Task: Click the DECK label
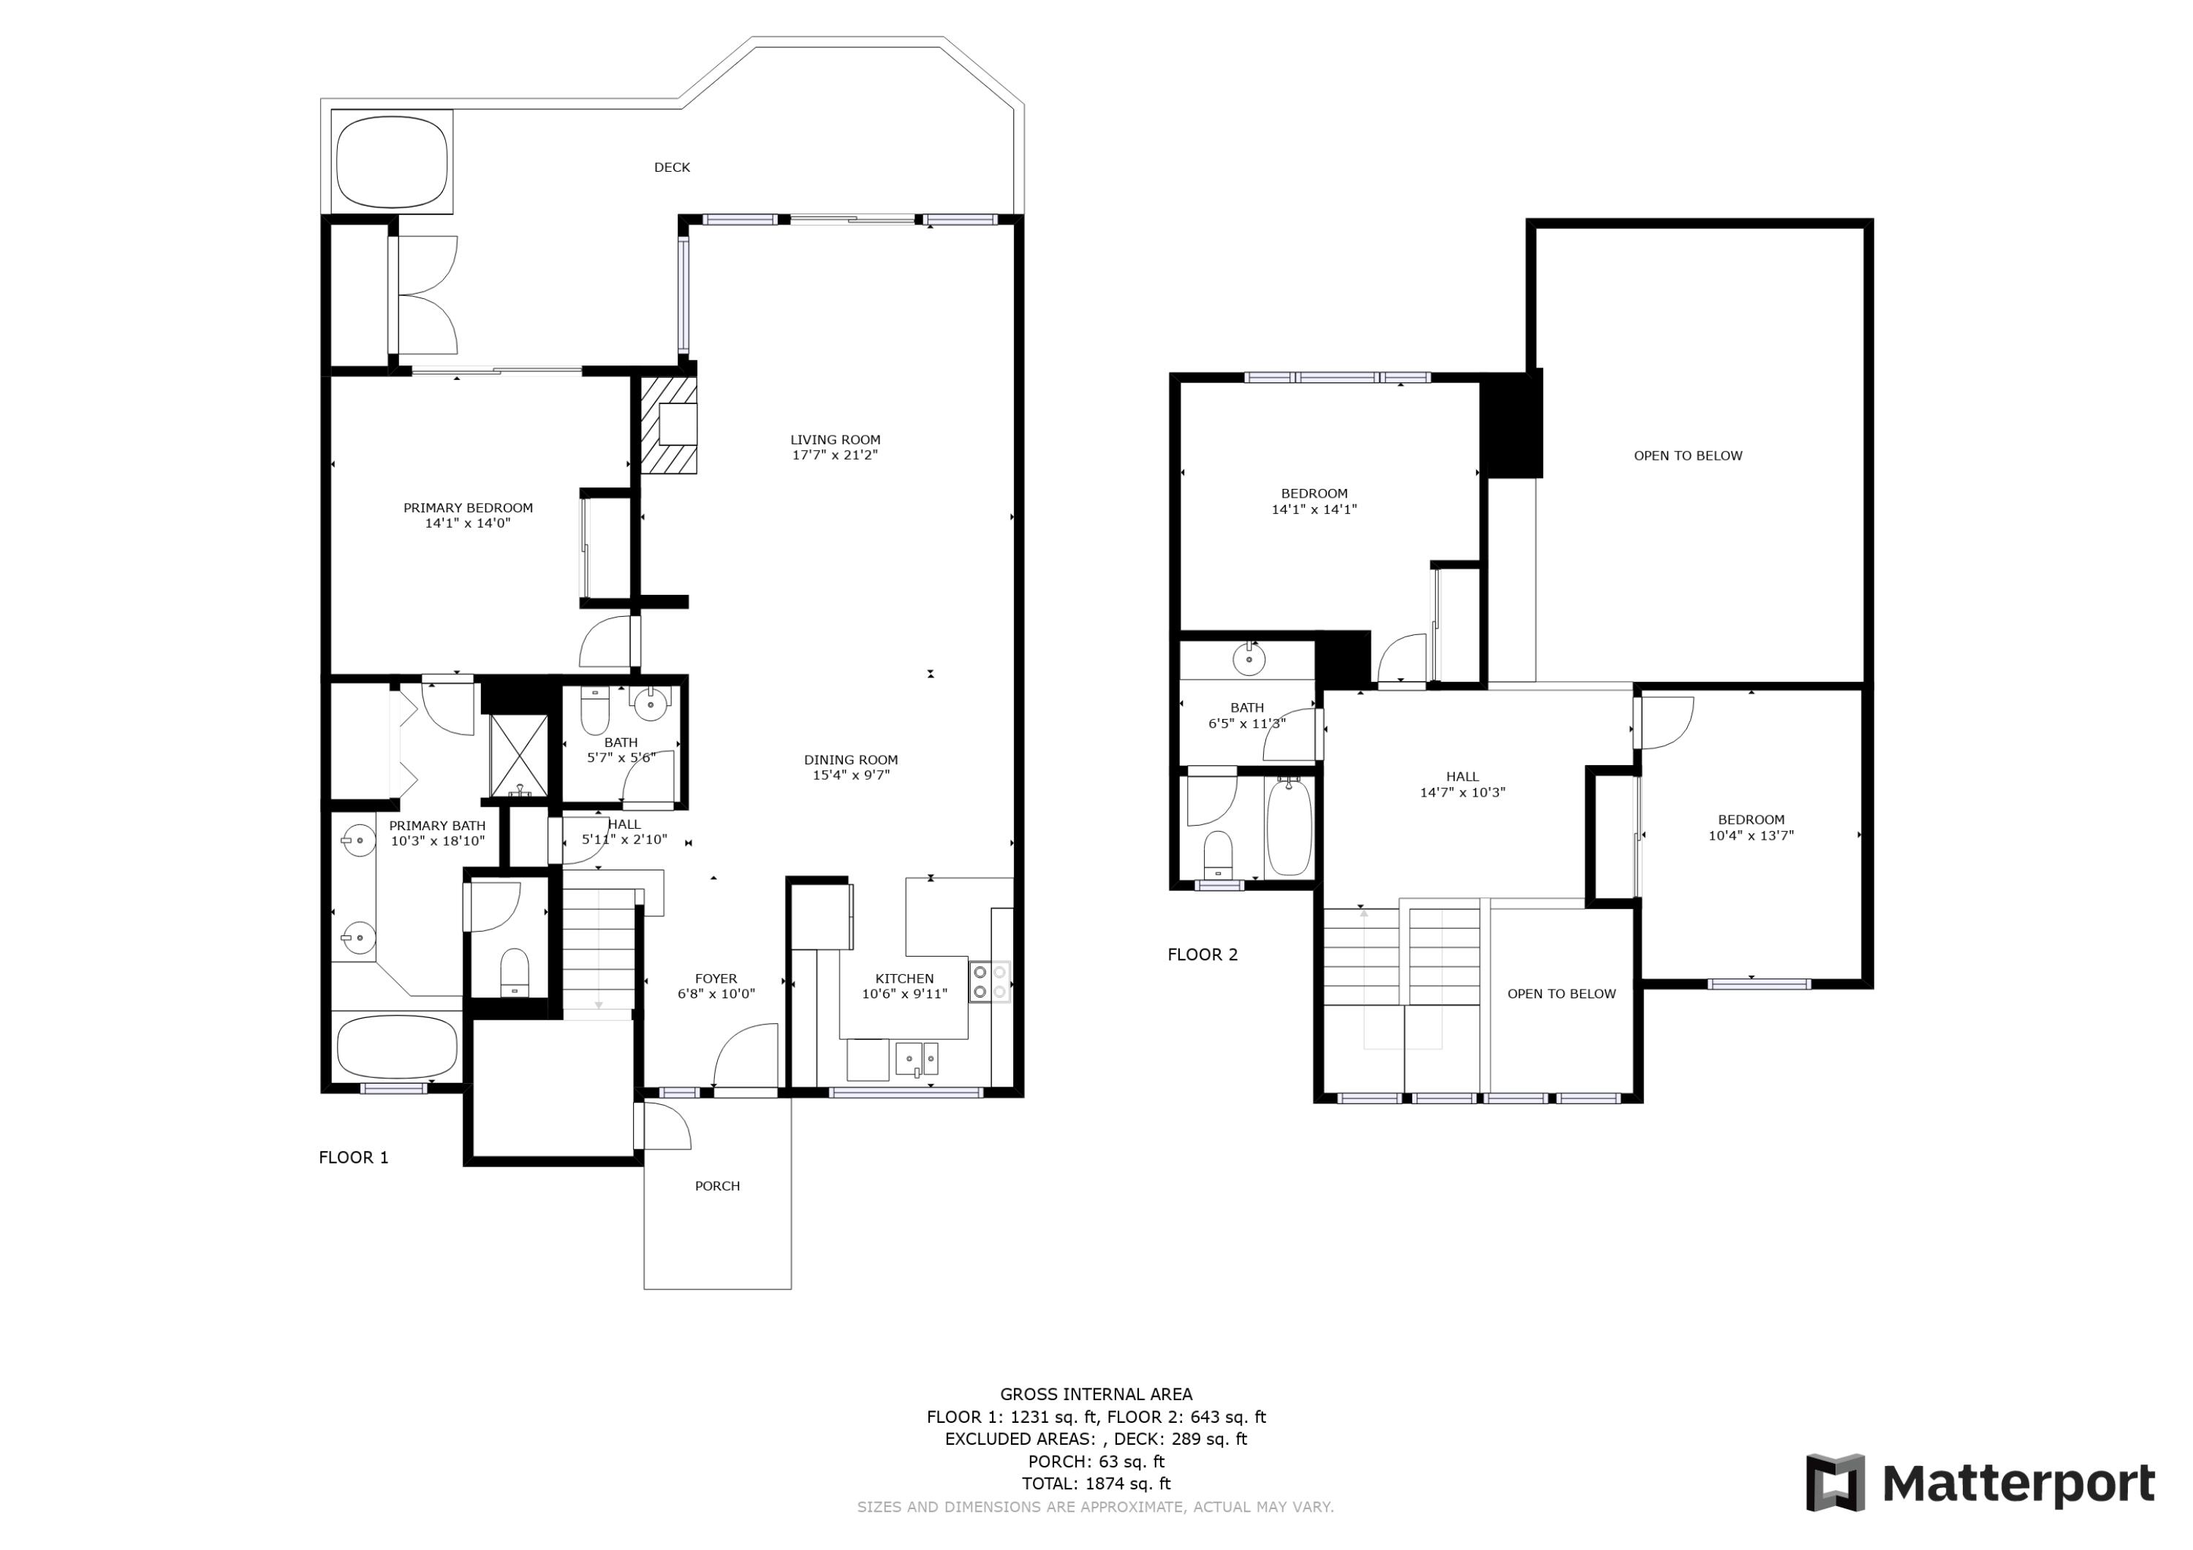[672, 167]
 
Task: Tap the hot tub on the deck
[392, 162]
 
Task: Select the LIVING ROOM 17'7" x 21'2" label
[835, 447]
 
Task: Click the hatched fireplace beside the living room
[669, 425]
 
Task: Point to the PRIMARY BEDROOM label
[468, 514]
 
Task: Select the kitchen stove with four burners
[990, 981]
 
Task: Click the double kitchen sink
[916, 1059]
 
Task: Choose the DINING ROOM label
[850, 767]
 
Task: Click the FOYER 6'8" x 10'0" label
[716, 986]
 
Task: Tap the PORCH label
[717, 1186]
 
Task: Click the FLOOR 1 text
[353, 1158]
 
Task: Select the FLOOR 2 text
[1202, 954]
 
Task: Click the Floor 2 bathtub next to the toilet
[1289, 827]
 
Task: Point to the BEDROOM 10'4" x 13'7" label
[1751, 827]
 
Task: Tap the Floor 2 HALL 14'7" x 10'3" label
[1462, 784]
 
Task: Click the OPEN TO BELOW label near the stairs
[1561, 993]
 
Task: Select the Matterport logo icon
[1835, 1482]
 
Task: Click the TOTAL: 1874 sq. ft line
[1096, 1483]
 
